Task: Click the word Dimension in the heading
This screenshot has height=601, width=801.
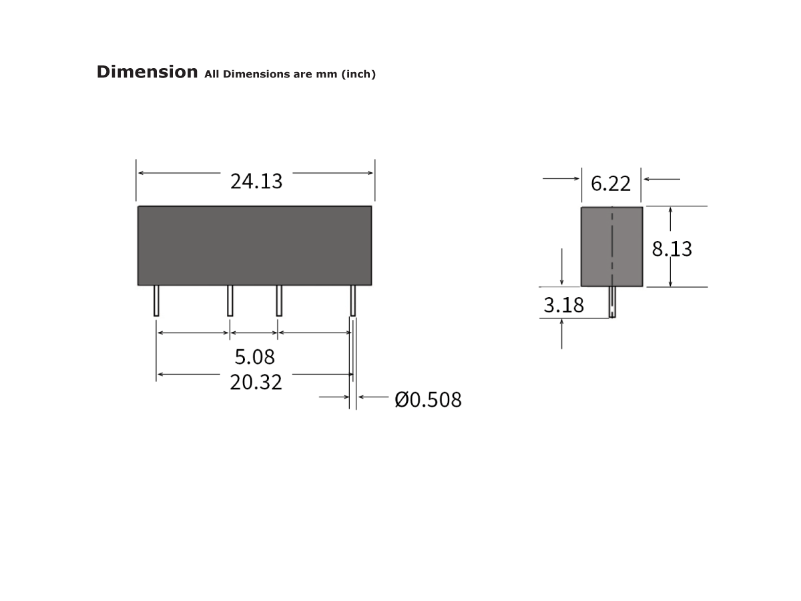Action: [147, 72]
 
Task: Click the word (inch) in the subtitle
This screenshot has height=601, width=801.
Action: [358, 74]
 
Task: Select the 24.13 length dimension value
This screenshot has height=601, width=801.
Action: [256, 181]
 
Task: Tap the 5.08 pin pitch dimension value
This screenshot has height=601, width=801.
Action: [254, 357]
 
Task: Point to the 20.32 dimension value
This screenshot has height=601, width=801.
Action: [256, 383]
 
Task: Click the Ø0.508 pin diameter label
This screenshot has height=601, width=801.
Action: [428, 400]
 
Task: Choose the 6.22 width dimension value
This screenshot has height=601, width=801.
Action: [611, 183]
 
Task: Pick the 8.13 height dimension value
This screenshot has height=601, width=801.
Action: [672, 249]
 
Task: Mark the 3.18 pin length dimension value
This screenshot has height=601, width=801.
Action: [563, 305]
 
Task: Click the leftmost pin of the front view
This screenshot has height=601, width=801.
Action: [156, 300]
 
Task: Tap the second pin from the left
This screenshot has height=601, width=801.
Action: [230, 300]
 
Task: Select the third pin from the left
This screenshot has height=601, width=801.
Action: [279, 300]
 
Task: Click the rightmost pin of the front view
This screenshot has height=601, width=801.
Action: [353, 300]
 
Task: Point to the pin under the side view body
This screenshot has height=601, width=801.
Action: [612, 303]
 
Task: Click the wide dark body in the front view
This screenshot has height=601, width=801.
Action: [254, 246]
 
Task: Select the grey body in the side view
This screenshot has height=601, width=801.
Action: [594, 246]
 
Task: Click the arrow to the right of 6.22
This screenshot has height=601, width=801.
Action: [661, 179]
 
